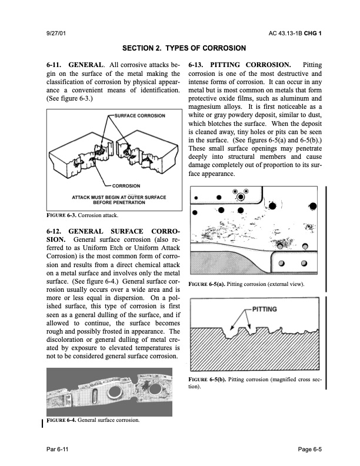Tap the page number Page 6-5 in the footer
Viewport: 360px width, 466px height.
coord(309,449)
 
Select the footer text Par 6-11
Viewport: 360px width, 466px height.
coord(58,449)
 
